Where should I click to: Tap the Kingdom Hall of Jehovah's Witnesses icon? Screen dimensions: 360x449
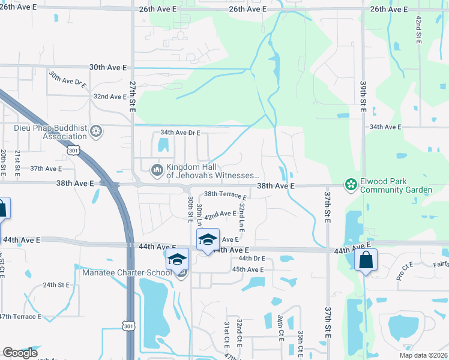point(157,171)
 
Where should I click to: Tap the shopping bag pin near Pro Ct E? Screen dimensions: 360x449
point(365,261)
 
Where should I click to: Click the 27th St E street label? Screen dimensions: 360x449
point(133,97)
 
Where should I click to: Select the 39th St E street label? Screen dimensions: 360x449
point(363,97)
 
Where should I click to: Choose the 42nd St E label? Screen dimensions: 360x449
point(418,28)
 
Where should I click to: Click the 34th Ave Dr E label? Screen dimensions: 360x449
point(180,133)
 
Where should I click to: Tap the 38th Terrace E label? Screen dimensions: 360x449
point(225,196)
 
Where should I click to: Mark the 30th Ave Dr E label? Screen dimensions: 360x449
point(68,85)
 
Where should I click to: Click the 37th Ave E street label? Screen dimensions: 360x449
point(46,169)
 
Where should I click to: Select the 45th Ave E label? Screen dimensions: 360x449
point(248,269)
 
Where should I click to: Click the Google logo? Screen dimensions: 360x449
point(19,353)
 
